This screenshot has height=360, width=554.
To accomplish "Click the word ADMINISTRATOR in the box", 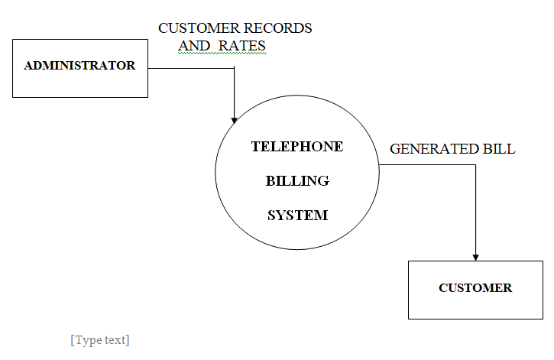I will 79,66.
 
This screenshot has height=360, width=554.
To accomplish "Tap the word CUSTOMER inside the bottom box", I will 475,288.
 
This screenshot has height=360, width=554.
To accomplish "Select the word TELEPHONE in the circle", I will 297,147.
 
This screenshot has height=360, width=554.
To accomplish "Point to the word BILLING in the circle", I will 297,181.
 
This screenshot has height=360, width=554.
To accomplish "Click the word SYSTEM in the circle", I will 297,216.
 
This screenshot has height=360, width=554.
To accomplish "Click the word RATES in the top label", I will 242,46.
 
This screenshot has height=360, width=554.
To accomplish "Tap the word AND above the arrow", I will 194,46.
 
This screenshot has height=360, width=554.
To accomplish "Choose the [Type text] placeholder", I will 100,340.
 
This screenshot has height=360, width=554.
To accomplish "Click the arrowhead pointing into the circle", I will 234,119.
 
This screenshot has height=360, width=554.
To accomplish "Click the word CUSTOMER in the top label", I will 195,28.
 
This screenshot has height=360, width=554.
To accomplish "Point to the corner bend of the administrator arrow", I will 234,69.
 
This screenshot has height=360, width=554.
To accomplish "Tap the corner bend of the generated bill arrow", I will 475,164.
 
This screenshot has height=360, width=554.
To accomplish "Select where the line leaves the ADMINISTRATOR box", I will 148,69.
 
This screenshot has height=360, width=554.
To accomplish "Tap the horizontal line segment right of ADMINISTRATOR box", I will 191,69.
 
